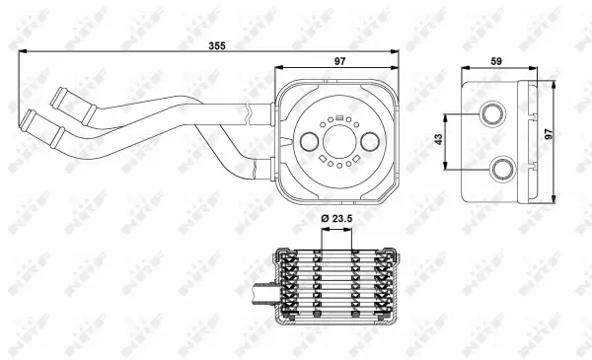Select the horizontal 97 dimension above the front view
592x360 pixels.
tap(339, 62)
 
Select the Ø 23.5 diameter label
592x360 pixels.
tap(338, 218)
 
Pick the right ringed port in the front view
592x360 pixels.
tap(371, 142)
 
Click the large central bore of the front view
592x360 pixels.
tap(338, 141)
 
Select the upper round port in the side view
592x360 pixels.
tap(494, 116)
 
